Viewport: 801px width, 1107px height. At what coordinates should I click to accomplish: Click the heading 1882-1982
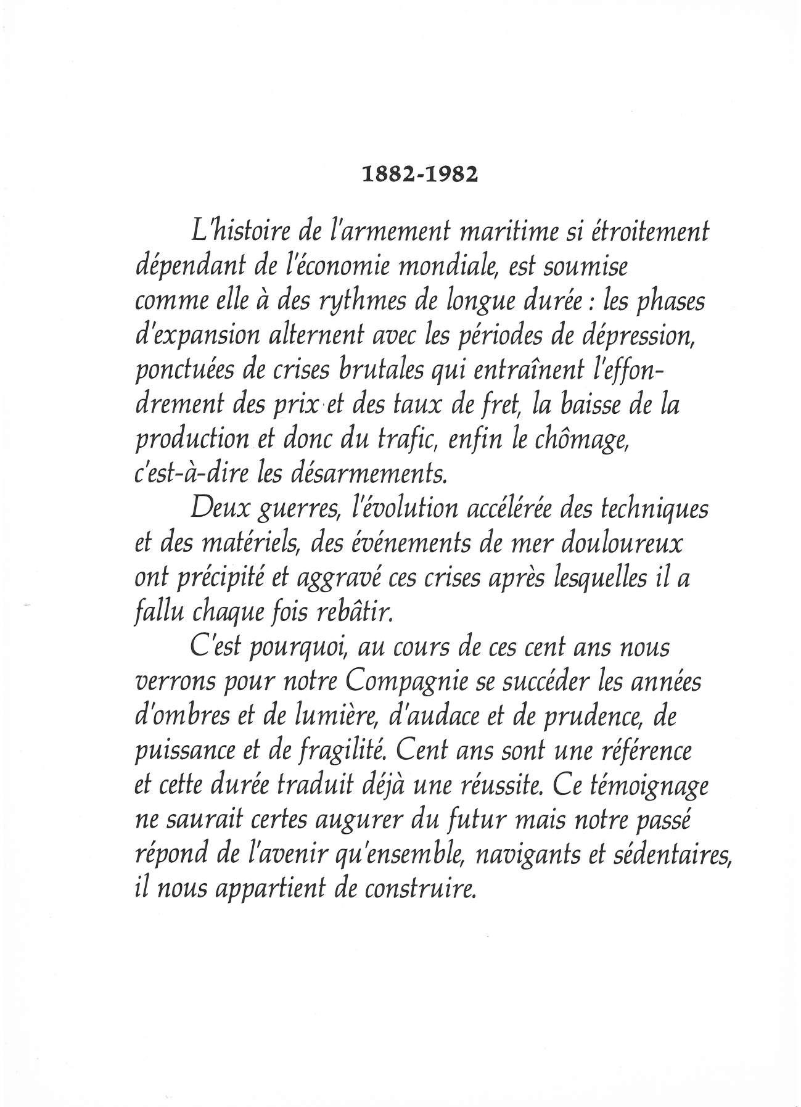419,174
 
